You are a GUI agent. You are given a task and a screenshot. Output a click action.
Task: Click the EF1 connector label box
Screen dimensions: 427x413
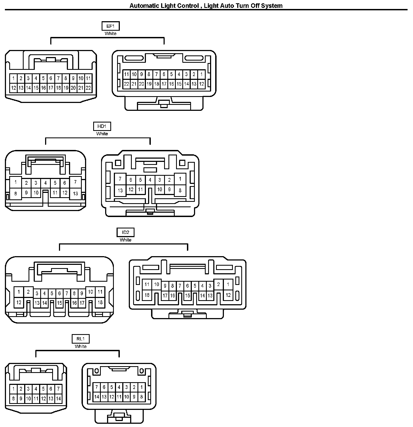tap(110, 26)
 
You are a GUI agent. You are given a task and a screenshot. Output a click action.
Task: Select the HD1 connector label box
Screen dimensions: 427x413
tap(102, 126)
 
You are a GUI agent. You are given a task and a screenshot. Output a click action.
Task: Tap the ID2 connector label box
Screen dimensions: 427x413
tap(126, 232)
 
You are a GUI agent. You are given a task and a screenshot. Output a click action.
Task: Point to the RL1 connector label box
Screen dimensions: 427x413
tap(80, 339)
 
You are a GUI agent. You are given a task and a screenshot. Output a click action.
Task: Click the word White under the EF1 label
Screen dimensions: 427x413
tap(110, 34)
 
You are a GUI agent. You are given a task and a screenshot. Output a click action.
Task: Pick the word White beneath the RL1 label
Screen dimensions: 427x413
tap(80, 346)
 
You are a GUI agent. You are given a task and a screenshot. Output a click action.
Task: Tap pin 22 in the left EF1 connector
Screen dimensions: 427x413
tap(88, 88)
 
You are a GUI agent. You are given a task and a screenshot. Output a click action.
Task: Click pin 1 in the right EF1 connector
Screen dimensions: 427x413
tap(201, 74)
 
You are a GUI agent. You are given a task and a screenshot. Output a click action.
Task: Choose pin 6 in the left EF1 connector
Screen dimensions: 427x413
tap(51, 79)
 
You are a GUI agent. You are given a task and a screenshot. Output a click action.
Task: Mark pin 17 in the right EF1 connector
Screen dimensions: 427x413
tap(164, 84)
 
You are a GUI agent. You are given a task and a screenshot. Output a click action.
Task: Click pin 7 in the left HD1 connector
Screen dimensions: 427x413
tap(76, 182)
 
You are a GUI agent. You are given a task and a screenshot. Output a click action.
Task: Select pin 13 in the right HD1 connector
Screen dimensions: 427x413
tap(120, 190)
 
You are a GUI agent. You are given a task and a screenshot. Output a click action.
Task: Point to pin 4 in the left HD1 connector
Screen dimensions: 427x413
tap(45, 183)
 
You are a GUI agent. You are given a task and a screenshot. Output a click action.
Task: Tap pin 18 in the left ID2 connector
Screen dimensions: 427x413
tap(100, 302)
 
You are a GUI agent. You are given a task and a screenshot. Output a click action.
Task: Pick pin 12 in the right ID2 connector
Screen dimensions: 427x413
tap(228, 295)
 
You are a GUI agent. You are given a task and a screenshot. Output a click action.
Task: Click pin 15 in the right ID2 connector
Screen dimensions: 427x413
tap(187, 296)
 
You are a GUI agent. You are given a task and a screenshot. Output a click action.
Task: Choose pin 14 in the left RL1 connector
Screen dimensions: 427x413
tap(58, 398)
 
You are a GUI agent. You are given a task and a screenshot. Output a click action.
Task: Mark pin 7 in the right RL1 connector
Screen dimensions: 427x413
tap(96, 387)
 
